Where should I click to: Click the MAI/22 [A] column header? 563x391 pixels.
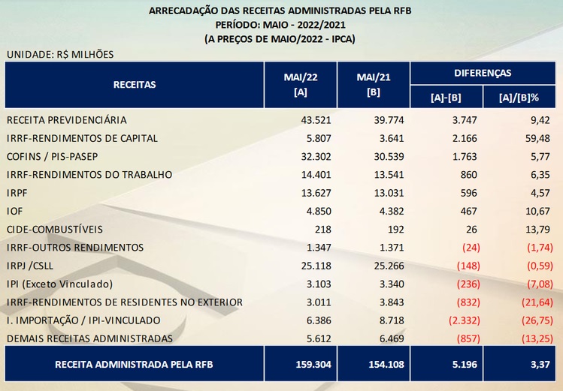(301, 85)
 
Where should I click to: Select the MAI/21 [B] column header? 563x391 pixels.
(374, 85)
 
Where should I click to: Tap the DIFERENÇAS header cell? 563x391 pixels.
(483, 73)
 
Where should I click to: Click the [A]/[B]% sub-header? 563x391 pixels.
(519, 98)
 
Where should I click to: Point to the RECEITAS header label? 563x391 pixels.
(135, 85)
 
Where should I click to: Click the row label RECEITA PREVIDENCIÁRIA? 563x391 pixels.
(66, 120)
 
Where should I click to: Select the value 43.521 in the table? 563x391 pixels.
(316, 120)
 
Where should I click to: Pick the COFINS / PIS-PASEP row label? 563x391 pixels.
(52, 157)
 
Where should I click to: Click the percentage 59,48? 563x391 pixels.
(537, 138)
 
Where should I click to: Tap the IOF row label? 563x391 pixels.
(14, 211)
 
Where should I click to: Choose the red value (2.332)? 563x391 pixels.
(465, 320)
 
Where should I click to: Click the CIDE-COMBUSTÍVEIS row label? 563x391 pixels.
(55, 230)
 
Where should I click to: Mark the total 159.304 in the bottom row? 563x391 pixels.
(313, 365)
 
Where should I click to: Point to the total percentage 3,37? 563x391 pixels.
(540, 365)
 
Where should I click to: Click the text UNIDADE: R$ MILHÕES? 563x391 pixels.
(60, 55)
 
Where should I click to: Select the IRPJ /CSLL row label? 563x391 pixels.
(30, 266)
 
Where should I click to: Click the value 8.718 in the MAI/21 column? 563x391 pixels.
(392, 320)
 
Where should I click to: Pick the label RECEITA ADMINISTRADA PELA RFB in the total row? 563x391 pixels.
(134, 365)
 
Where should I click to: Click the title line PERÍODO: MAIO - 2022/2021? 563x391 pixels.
(280, 25)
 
